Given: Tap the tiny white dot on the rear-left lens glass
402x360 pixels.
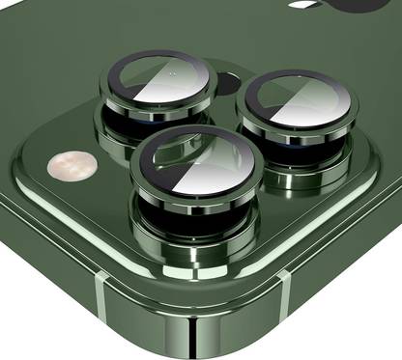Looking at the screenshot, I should click(x=171, y=74).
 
